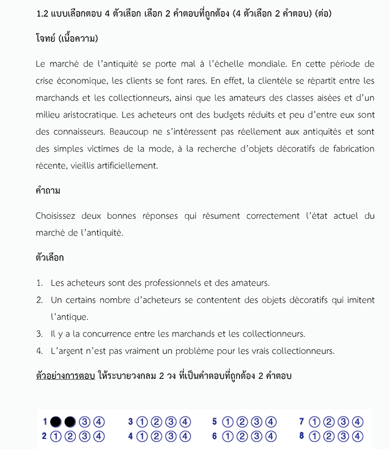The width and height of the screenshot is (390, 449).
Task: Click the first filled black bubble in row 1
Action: pos(56,422)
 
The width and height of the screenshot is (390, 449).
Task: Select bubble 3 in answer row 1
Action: pos(85,422)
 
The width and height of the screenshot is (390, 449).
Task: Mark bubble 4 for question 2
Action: pos(99,436)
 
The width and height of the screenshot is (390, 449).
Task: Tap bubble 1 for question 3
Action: pos(142,422)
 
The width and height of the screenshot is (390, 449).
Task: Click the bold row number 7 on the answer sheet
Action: pos(301,422)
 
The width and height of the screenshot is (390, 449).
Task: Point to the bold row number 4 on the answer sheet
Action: pos(130,436)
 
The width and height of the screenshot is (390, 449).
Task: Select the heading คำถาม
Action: pos(48,191)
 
